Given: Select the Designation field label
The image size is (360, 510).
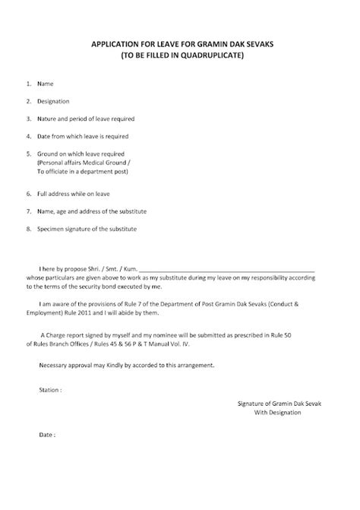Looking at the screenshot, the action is click(54, 100).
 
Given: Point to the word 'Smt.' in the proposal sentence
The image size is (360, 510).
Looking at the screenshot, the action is click(106, 269).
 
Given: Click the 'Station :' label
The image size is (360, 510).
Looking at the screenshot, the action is click(50, 388).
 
